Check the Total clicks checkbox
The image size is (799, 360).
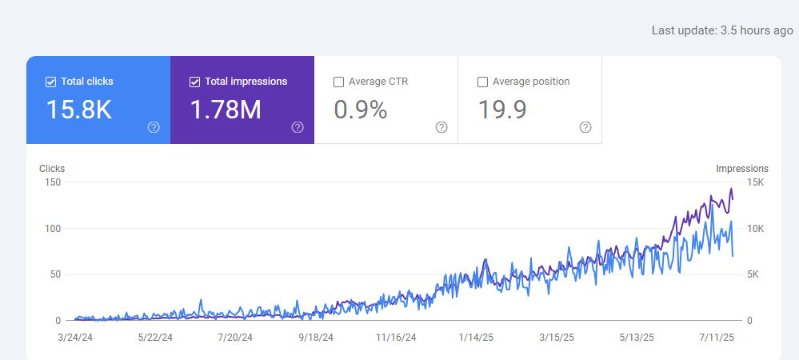point(51,82)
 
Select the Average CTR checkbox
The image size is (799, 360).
point(338,82)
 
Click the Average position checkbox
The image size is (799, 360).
point(482,82)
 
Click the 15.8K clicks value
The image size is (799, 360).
point(78,110)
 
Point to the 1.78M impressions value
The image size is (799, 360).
point(226,110)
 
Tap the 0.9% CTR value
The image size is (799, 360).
point(360,110)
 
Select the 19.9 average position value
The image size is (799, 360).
point(502,110)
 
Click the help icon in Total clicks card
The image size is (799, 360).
point(154,127)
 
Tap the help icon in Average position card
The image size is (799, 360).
point(585,127)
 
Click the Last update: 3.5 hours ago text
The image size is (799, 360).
point(722,30)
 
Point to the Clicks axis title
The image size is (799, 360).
point(52,169)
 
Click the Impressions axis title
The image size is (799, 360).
point(742,169)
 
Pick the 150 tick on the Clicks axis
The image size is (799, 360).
point(54,182)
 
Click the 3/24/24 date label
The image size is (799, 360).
point(76,338)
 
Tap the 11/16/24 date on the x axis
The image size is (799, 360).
point(396,338)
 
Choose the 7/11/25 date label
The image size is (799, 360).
point(716,338)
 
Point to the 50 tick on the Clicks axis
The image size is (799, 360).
point(56,274)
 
